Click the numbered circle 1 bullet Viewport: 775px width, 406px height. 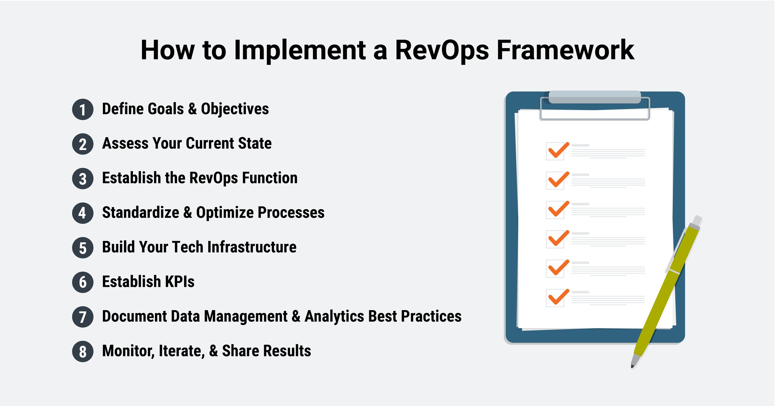pos(82,109)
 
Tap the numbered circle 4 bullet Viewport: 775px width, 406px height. pos(82,213)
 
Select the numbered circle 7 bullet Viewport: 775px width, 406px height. pos(82,317)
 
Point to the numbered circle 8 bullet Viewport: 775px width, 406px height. pos(82,351)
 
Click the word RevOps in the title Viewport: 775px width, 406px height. pos(442,50)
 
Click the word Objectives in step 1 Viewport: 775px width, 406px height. pos(235,109)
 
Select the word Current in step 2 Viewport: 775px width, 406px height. pos(209,143)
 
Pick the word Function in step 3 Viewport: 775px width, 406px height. pos(269,178)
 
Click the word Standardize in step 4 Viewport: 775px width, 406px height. pos(140,213)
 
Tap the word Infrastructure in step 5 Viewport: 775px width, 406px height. pos(252,247)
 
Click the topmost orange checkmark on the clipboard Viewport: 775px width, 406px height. pos(558,150)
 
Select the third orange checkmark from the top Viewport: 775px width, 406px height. pos(558,209)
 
